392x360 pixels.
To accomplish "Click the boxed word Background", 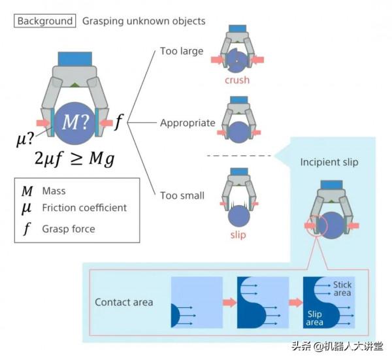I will pyautogui.click(x=45, y=21).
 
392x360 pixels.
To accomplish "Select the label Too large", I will pyautogui.click(x=182, y=51).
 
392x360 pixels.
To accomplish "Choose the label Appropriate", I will pyautogui.click(x=188, y=123).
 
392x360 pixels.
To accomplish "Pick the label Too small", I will pyautogui.click(x=182, y=195).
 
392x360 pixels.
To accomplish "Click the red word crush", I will pyautogui.click(x=237, y=80).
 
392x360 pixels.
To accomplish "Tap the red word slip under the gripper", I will pyautogui.click(x=238, y=235).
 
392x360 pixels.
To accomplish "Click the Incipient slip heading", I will pyautogui.click(x=329, y=162).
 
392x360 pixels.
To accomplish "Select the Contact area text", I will pyautogui.click(x=124, y=302).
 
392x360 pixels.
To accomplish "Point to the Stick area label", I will pyautogui.click(x=342, y=289).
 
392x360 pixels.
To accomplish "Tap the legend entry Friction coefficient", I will pyautogui.click(x=84, y=208).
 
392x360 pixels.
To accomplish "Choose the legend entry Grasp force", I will pyautogui.click(x=69, y=229).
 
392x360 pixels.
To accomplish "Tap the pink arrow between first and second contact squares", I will pyautogui.click(x=229, y=302).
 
